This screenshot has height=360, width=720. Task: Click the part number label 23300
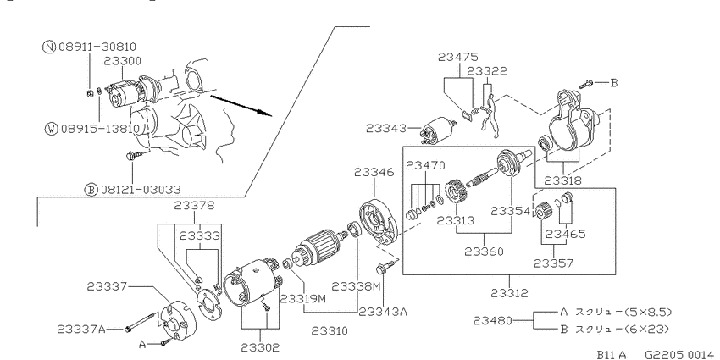pos(122,61)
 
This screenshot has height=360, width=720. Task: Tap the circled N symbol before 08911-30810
pos(48,47)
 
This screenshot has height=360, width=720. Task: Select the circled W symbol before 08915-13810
pos(51,129)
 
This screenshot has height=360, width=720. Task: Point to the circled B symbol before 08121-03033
pos(91,189)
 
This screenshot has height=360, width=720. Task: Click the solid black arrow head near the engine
pos(265,113)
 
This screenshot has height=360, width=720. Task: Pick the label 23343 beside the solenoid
pos(386,128)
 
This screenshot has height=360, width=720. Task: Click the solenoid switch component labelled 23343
pos(438,127)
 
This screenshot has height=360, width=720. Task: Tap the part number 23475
pos(457,57)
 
